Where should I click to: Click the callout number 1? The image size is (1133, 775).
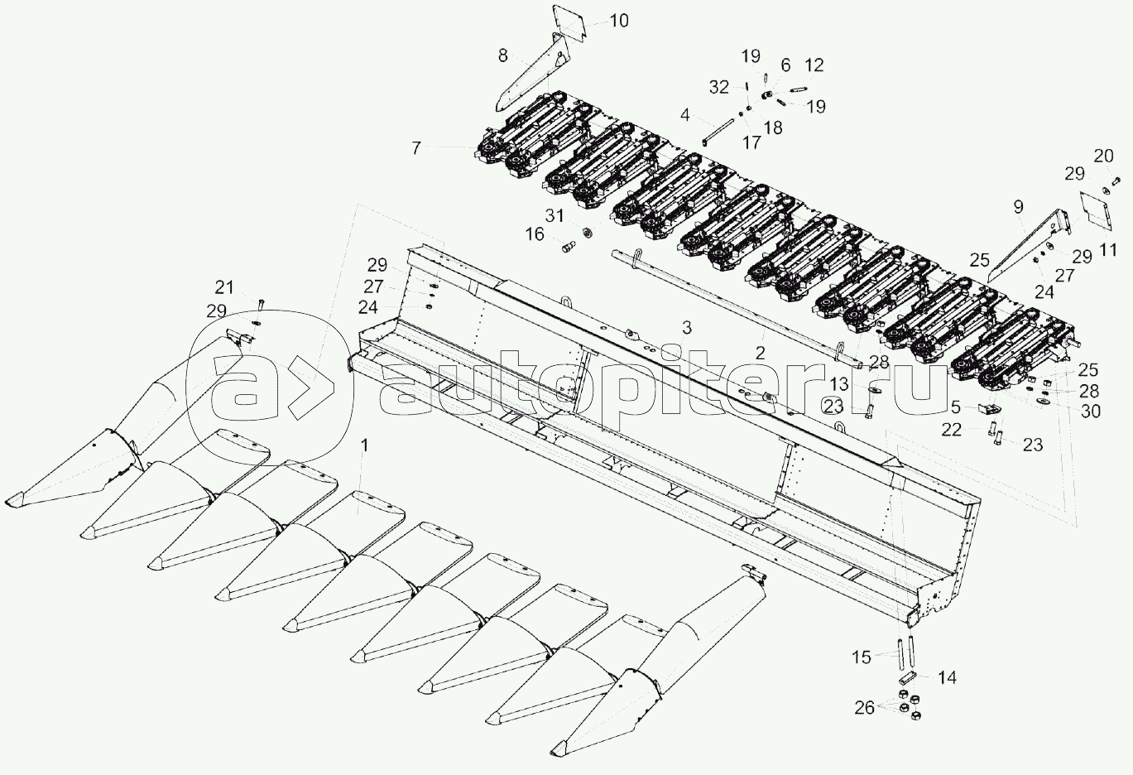(x=364, y=445)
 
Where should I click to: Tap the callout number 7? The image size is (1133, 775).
(x=415, y=148)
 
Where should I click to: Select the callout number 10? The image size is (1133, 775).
(x=618, y=21)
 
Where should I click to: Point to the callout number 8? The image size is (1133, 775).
(x=502, y=55)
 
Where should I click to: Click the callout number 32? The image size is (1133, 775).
(x=718, y=87)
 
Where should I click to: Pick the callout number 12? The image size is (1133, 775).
(x=814, y=65)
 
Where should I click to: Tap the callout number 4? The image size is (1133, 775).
(x=684, y=115)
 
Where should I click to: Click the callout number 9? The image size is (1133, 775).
(x=1018, y=206)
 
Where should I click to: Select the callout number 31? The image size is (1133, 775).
(x=554, y=215)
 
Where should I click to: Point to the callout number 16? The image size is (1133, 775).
(x=535, y=234)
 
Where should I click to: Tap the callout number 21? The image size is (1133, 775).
(x=224, y=287)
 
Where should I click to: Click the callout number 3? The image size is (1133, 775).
(x=686, y=328)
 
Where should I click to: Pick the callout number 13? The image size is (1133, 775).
(x=839, y=384)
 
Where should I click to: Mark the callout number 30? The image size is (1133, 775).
(x=1091, y=412)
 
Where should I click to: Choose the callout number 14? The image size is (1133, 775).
(x=948, y=678)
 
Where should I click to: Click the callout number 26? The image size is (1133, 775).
(x=864, y=707)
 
